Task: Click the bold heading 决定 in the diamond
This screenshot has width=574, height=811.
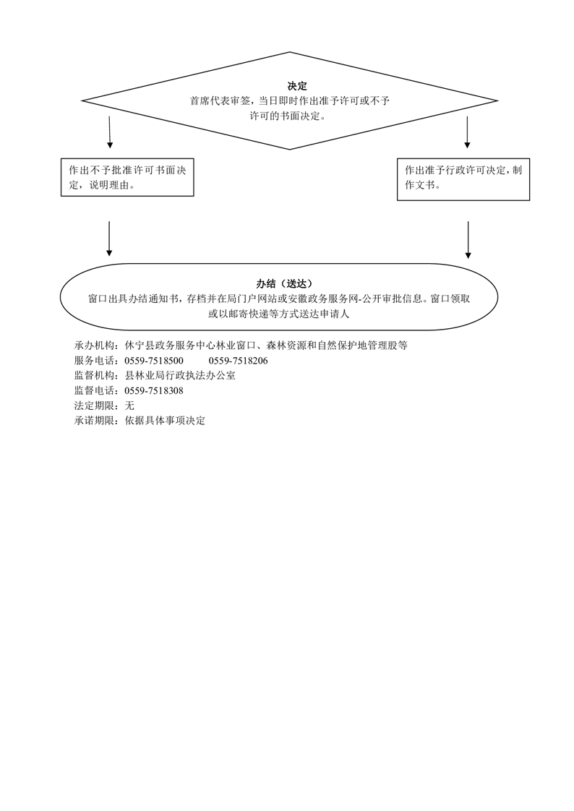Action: click(297, 86)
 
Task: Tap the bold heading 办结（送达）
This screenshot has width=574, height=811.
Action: click(284, 283)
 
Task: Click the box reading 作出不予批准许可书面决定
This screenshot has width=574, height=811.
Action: click(127, 177)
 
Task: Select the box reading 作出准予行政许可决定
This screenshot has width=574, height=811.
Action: click(463, 179)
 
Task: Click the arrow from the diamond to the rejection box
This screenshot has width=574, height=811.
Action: click(110, 132)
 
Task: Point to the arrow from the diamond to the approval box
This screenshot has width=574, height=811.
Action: click(468, 132)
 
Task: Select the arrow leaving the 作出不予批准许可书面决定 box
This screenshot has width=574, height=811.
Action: click(109, 239)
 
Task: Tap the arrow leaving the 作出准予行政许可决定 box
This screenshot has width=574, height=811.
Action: click(468, 240)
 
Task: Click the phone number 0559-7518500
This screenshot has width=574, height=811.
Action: click(154, 361)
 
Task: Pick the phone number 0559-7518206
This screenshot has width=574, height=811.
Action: click(239, 361)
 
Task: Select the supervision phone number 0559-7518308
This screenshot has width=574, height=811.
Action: click(154, 390)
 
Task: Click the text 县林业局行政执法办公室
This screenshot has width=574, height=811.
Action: click(180, 375)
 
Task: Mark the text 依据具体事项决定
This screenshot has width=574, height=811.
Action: click(165, 421)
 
